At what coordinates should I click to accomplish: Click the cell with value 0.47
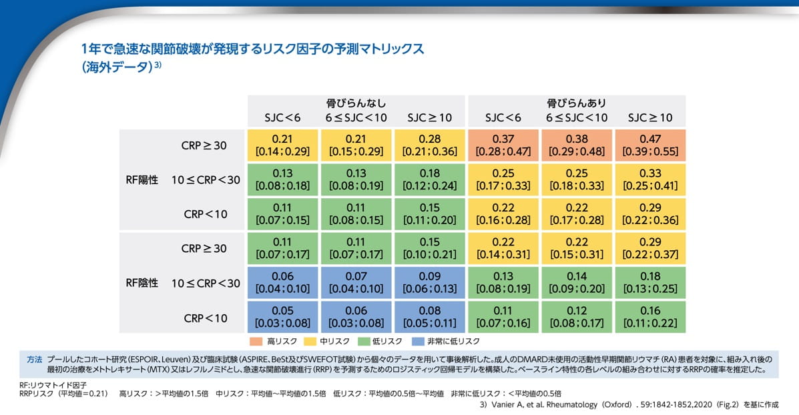tap(650, 145)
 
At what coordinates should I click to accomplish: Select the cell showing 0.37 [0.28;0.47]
tap(503, 145)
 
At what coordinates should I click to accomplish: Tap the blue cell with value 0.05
tap(282, 317)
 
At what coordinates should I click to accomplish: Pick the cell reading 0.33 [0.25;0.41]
tap(650, 179)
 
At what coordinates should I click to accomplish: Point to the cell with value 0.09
tap(429, 282)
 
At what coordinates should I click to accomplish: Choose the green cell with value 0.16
tap(650, 317)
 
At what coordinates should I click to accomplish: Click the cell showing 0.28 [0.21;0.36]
tap(429, 145)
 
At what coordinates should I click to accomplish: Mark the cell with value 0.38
tap(577, 145)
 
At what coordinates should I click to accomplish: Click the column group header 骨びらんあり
tap(576, 103)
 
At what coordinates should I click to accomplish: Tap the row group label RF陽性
tap(142, 179)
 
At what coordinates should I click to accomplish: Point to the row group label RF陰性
tap(142, 282)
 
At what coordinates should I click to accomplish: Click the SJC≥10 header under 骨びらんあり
tap(650, 118)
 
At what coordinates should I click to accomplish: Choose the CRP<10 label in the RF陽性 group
tap(206, 214)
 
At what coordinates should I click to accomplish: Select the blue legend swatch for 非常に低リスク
tap(419, 341)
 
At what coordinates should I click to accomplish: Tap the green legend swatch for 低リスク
tap(364, 341)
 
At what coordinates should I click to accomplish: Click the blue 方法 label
tap(34, 359)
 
